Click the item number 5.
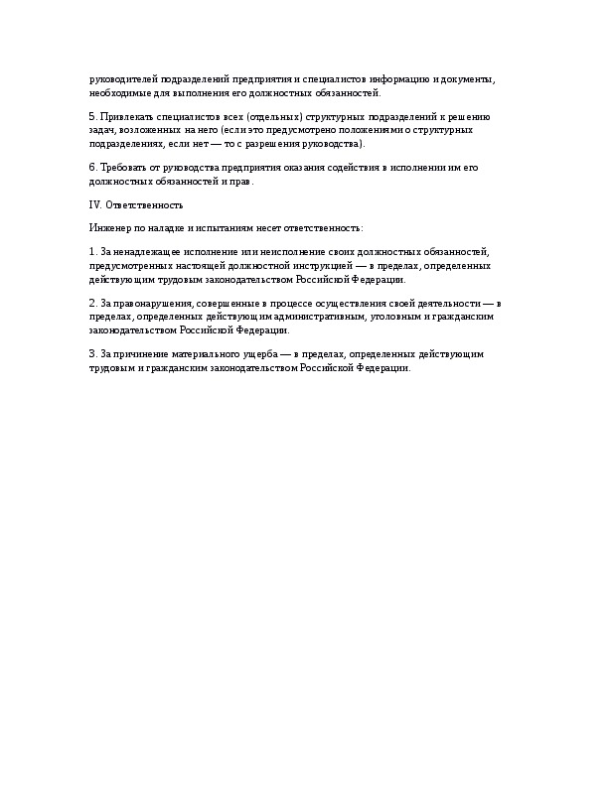click(x=92, y=117)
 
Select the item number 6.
click(x=92, y=168)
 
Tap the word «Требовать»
click(x=121, y=168)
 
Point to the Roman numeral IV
click(x=94, y=205)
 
